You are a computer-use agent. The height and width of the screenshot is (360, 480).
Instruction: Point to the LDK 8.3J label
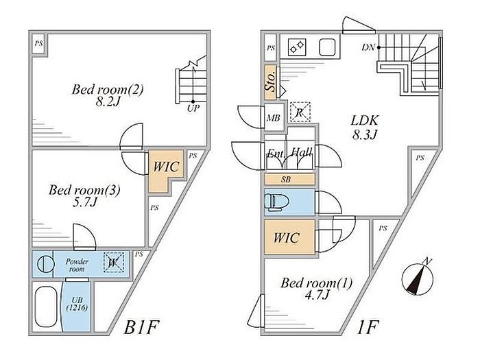pos(363,128)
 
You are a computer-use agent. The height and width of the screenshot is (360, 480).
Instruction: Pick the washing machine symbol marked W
pos(112,262)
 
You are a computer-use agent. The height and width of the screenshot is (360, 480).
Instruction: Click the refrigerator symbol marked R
pos(300,112)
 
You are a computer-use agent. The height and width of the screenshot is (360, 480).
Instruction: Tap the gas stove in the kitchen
pos(297,47)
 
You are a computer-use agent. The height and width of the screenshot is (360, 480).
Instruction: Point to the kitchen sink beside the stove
pos(327,47)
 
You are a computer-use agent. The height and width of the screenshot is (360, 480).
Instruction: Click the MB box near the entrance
pos(273,117)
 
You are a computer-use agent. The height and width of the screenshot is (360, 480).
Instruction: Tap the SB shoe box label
pos(289,180)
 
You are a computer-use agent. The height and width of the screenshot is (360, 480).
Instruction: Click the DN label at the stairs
pos(368,48)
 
